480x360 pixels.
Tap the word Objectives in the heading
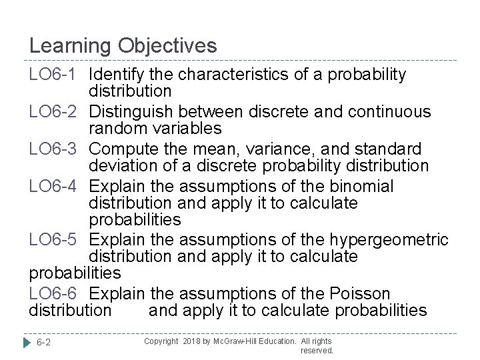tap(168, 46)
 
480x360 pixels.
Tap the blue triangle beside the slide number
tap(27, 343)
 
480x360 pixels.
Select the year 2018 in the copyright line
tap(193, 341)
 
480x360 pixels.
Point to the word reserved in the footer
tap(317, 350)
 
